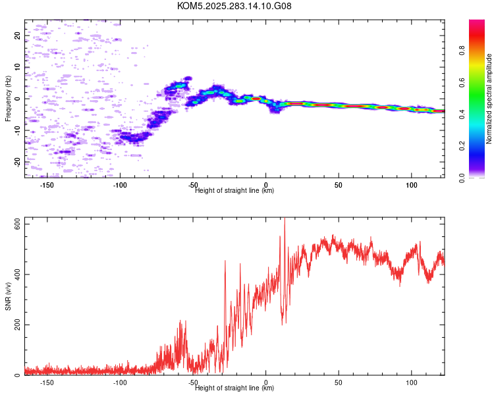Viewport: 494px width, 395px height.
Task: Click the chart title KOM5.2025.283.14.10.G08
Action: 234,6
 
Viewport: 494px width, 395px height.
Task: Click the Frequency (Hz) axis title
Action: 8,99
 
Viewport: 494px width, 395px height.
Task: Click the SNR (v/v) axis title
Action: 8,296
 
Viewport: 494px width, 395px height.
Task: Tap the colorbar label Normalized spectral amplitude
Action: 489,99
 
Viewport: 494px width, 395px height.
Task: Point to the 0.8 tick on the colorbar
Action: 462,51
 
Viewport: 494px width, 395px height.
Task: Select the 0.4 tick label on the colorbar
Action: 462,115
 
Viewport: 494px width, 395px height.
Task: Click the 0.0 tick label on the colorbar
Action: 462,178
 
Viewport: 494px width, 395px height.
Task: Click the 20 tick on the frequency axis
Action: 17,36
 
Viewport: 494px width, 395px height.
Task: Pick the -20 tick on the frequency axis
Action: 17,162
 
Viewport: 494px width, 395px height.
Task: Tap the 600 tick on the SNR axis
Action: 17,224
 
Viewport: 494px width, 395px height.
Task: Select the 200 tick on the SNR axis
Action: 17,325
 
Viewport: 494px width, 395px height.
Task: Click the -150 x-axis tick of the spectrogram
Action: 47,185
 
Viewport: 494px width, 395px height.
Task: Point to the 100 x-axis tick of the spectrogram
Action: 412,185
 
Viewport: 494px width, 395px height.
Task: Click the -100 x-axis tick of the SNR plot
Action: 120,382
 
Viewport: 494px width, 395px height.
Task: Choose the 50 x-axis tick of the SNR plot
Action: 339,382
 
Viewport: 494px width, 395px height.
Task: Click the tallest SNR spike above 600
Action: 285,218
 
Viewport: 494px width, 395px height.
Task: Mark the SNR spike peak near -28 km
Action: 225,261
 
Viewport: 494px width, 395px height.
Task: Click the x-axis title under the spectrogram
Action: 234,190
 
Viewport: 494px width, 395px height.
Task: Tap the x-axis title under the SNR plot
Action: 234,388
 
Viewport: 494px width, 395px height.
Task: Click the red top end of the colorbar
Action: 477,21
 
